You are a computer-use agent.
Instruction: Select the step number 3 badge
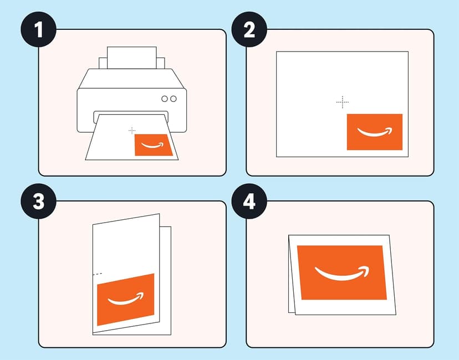[38, 202]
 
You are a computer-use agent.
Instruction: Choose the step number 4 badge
[249, 202]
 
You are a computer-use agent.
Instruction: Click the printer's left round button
[165, 99]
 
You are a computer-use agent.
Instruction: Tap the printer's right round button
[174, 99]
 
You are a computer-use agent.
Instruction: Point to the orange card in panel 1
[153, 146]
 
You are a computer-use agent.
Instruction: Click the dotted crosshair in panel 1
[132, 130]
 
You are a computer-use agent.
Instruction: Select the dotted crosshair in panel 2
[343, 102]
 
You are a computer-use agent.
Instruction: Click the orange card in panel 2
[374, 131]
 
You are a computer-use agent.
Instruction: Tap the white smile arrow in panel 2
[374, 132]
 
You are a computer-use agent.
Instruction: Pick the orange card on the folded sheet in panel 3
[125, 300]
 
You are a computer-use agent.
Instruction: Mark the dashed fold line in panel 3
[98, 274]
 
